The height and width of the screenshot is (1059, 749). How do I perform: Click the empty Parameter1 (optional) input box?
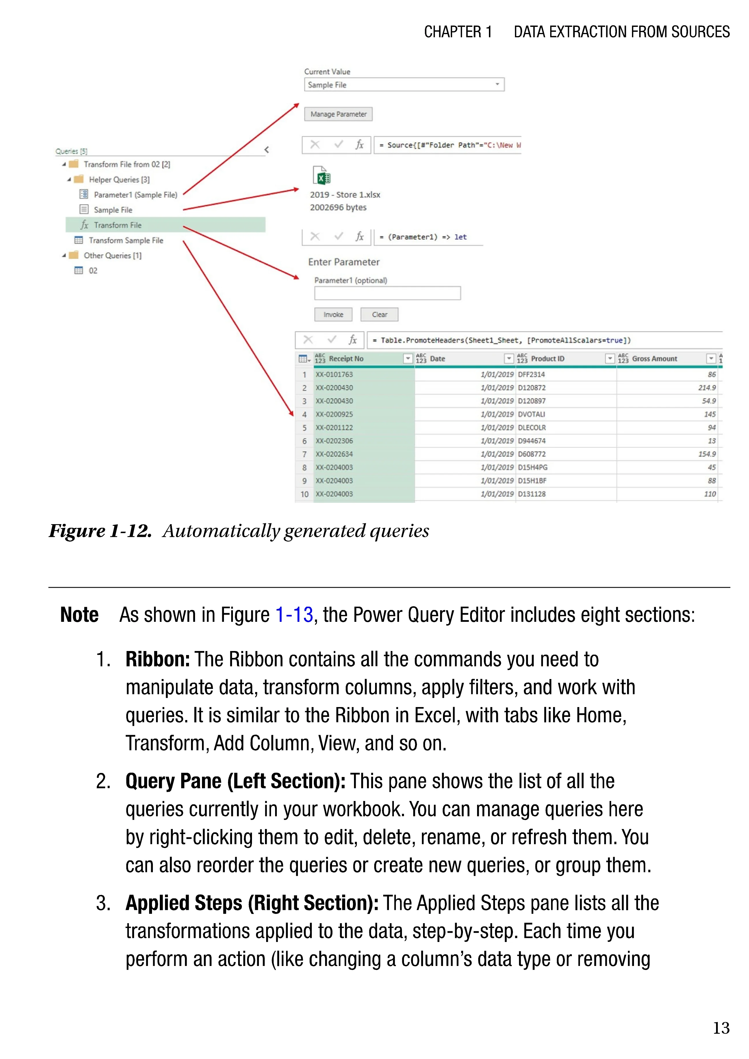388,293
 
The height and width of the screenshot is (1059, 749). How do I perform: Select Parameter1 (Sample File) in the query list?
135,195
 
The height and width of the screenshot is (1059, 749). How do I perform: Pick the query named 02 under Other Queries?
93,271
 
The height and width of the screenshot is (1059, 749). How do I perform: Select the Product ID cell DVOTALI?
531,414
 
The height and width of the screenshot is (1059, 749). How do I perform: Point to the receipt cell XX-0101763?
334,374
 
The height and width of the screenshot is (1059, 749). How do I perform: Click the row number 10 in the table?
304,494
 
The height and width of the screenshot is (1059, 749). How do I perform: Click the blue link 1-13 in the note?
294,615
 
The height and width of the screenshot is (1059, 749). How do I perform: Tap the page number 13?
721,1028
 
